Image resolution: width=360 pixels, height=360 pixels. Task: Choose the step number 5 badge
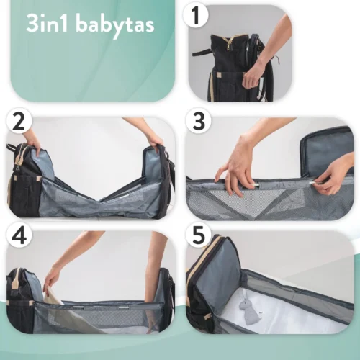click(199, 235)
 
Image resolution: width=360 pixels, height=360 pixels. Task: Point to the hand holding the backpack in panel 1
click(254, 74)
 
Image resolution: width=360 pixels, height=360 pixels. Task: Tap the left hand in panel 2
click(33, 140)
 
